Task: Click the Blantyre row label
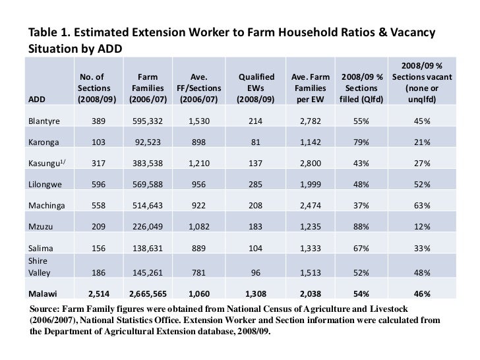(44, 121)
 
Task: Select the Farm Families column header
(148, 88)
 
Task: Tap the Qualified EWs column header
(256, 88)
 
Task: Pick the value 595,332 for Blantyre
(148, 121)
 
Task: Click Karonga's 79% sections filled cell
(361, 142)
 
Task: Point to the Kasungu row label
(47, 163)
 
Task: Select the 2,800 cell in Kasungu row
(311, 164)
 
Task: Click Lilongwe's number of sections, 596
(98, 185)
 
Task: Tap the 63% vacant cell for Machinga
(422, 206)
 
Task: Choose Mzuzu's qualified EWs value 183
(255, 227)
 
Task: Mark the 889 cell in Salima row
(198, 249)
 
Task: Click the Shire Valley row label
(39, 266)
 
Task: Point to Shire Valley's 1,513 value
(311, 273)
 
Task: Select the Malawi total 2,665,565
(148, 294)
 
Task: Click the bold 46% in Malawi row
(422, 294)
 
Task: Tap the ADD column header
(37, 100)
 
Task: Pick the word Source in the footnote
(44, 309)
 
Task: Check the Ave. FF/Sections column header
(198, 88)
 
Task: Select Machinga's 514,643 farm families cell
(148, 206)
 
